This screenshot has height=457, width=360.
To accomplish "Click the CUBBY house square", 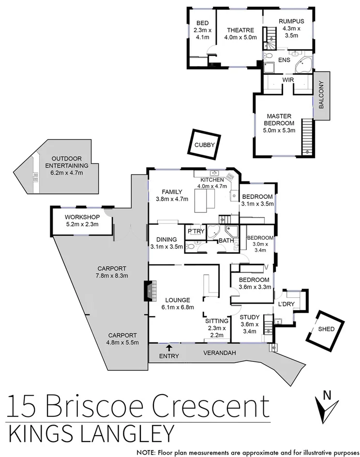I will tap(204, 144).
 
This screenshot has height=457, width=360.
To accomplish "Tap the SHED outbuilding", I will tap(325, 330).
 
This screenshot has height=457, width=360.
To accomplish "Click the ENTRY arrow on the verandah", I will tap(168, 347).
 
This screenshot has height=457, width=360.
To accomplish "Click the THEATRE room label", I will tap(240, 30).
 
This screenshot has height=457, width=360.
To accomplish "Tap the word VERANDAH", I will tap(219, 353).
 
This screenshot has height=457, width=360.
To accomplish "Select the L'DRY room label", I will tap(284, 304).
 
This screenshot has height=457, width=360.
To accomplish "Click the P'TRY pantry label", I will tap(196, 232).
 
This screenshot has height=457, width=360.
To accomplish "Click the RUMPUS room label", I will tap(291, 21).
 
